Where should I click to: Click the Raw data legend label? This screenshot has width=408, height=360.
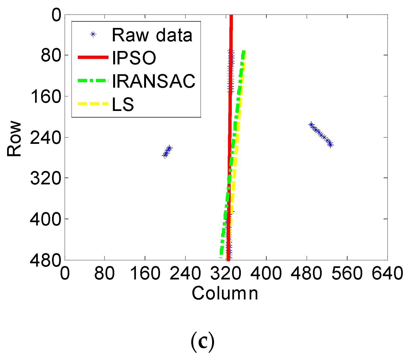pos(152,35)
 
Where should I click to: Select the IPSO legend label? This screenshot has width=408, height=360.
pos(134,58)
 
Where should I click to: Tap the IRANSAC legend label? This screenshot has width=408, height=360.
pos(154,81)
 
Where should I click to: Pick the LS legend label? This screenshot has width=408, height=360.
pos(123,104)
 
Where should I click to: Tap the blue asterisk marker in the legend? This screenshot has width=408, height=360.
pos(93,34)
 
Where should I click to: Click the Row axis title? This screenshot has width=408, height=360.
pos(14,139)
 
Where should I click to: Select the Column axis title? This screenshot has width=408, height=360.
pos(225,293)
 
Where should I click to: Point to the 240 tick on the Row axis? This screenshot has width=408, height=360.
pos(45,138)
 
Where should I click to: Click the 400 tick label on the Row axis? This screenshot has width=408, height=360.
pos(45,219)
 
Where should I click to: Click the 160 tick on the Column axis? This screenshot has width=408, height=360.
pos(145,273)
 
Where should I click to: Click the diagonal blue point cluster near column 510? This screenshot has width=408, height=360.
pos(321,135)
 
